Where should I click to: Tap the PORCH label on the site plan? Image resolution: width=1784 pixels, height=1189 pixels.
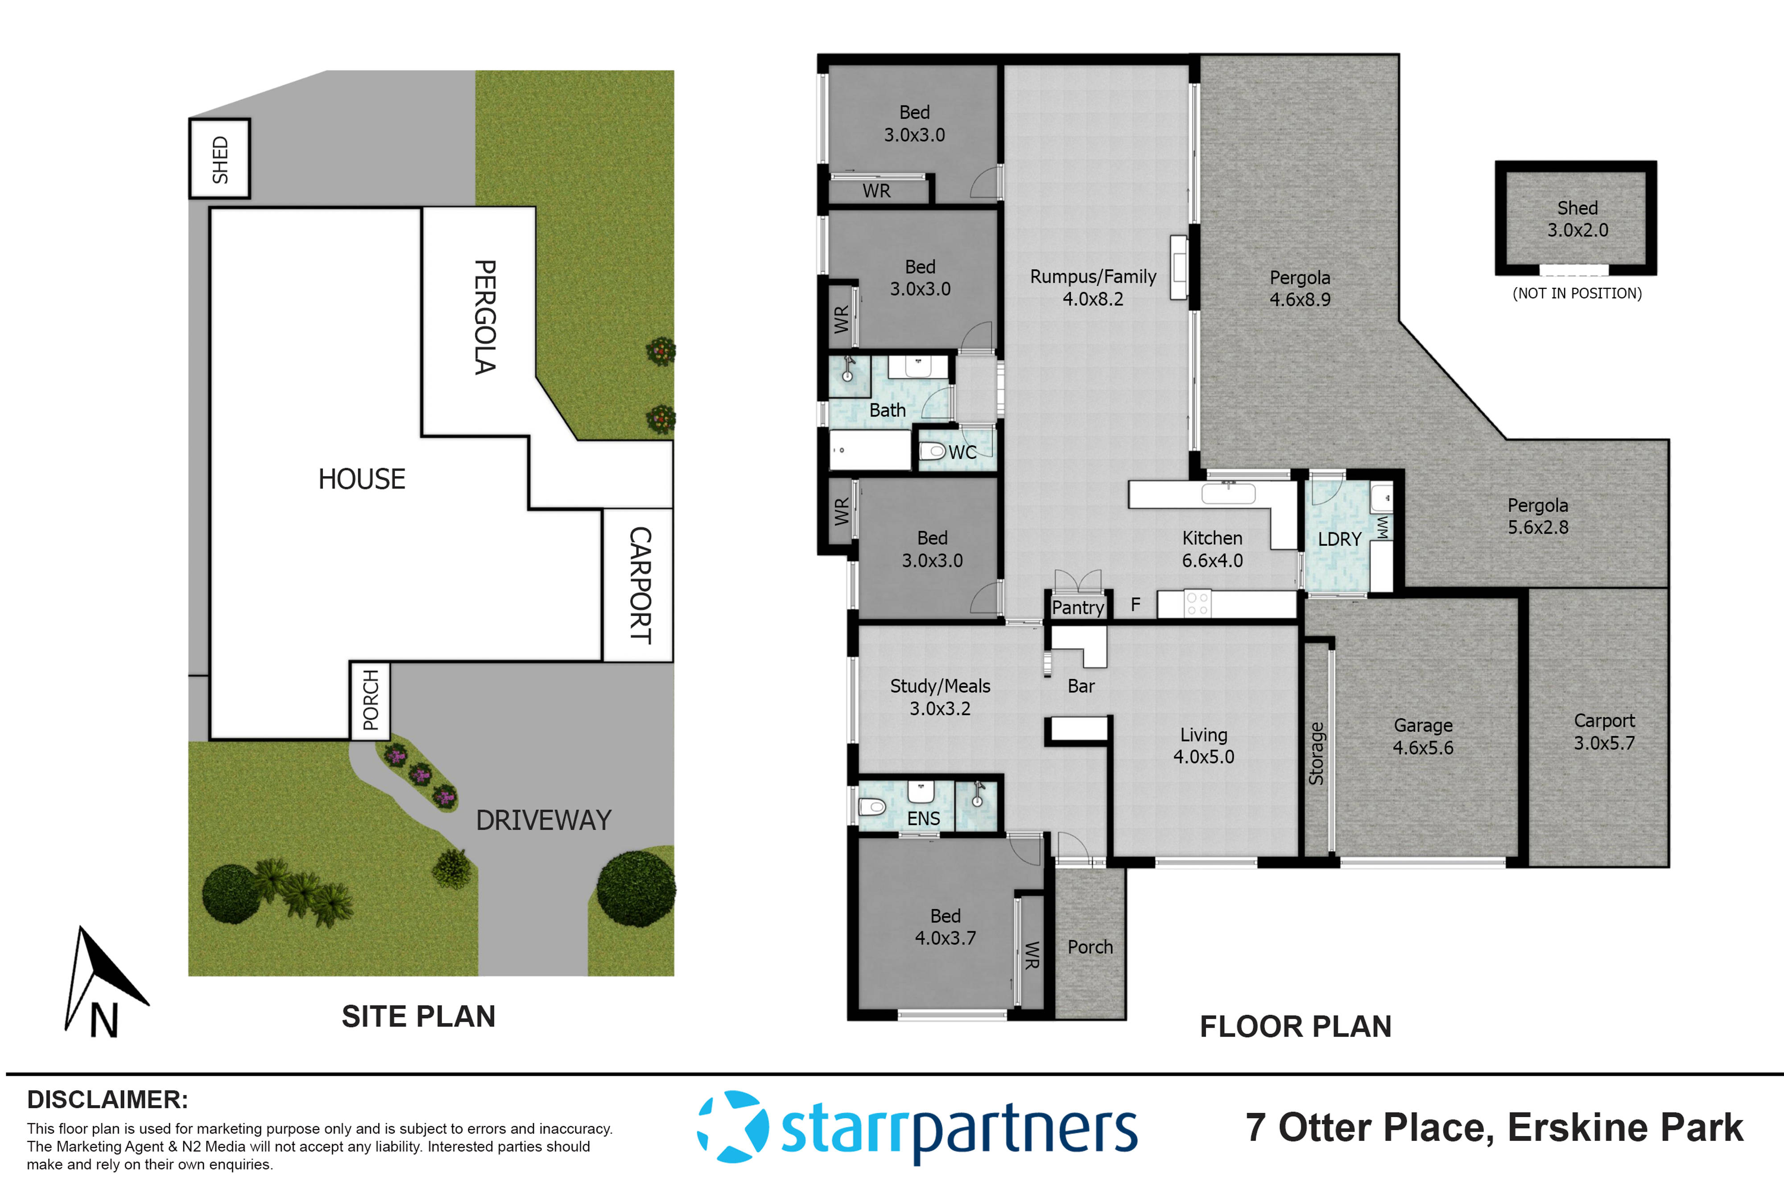(370, 700)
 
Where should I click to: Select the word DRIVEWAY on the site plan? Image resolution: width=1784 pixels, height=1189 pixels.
(543, 820)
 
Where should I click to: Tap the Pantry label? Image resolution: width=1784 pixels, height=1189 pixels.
(1077, 607)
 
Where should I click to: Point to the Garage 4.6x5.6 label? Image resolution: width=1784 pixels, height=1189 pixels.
(1422, 736)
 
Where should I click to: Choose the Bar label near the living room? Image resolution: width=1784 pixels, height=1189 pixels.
(1081, 686)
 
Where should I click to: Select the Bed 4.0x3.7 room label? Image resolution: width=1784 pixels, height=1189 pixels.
(945, 926)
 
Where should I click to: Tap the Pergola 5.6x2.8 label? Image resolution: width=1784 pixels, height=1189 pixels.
(1537, 516)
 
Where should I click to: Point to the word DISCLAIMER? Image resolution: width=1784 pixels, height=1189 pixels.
(107, 1099)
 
